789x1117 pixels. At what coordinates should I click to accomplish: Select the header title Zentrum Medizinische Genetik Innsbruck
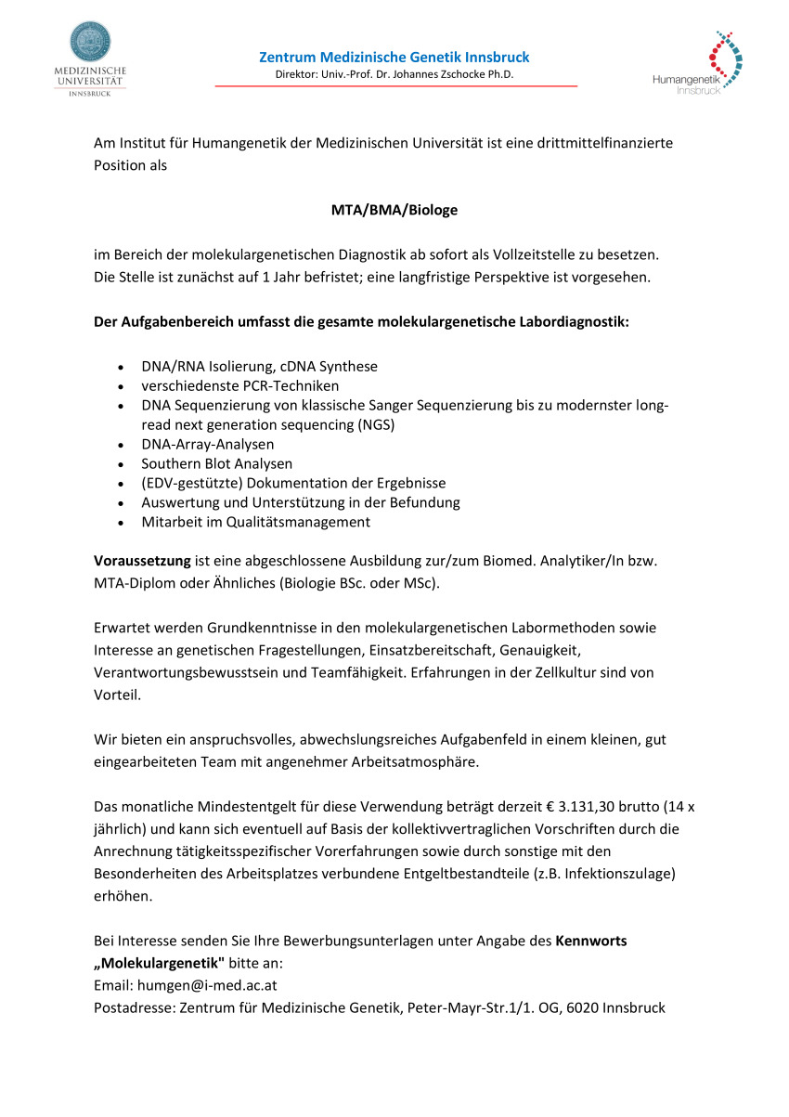(394, 58)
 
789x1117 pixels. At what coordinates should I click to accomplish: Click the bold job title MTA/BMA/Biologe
(394, 210)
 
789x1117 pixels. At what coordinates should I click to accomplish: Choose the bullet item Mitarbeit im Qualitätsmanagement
(255, 522)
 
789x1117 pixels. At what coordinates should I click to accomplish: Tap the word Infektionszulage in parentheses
(625, 875)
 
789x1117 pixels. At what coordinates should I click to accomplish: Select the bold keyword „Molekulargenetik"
(159, 964)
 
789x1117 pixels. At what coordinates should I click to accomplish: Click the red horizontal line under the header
(396, 86)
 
